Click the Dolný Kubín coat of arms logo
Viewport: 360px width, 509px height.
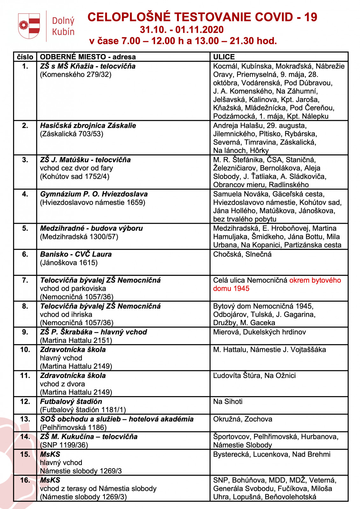click(29, 26)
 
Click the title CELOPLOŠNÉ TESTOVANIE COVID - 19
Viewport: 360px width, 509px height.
click(202, 17)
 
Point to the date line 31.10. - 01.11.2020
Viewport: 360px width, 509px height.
click(182, 30)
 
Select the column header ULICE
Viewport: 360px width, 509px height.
click(224, 57)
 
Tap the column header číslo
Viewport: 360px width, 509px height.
click(25, 57)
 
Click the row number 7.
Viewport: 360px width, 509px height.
click(25, 280)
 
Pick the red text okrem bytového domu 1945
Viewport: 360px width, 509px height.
click(277, 284)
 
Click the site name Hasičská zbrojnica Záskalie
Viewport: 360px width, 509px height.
click(88, 126)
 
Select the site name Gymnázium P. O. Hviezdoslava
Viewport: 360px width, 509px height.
click(94, 194)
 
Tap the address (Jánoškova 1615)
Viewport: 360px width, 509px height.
click(69, 263)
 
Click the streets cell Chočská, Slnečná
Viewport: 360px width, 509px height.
click(242, 254)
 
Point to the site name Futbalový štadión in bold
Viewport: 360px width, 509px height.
click(71, 401)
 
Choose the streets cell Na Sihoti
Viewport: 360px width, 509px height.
click(228, 401)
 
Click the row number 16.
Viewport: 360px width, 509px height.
click(25, 480)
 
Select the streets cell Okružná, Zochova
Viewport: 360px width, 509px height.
click(243, 419)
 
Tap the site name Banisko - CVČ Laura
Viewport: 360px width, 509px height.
click(76, 254)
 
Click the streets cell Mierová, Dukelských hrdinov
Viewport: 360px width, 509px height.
click(259, 332)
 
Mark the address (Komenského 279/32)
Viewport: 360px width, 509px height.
click(76, 74)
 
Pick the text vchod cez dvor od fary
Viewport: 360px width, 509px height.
click(76, 168)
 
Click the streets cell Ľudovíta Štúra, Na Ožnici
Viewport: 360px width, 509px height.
click(254, 375)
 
